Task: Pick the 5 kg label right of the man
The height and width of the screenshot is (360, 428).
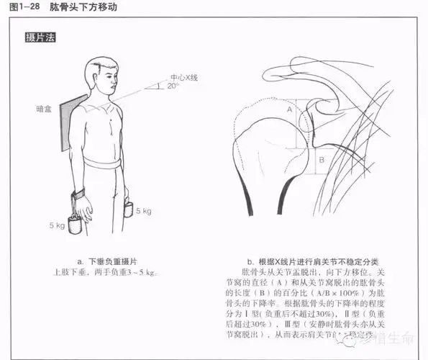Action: (144, 212)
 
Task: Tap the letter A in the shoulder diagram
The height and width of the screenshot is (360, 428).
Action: (290, 109)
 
